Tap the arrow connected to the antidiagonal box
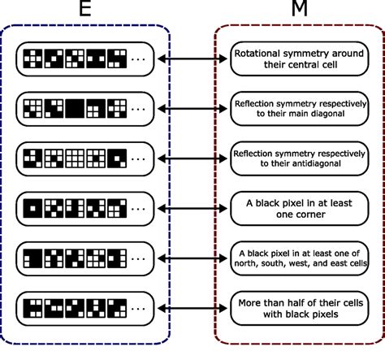point(192,157)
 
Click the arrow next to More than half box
point(192,308)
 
